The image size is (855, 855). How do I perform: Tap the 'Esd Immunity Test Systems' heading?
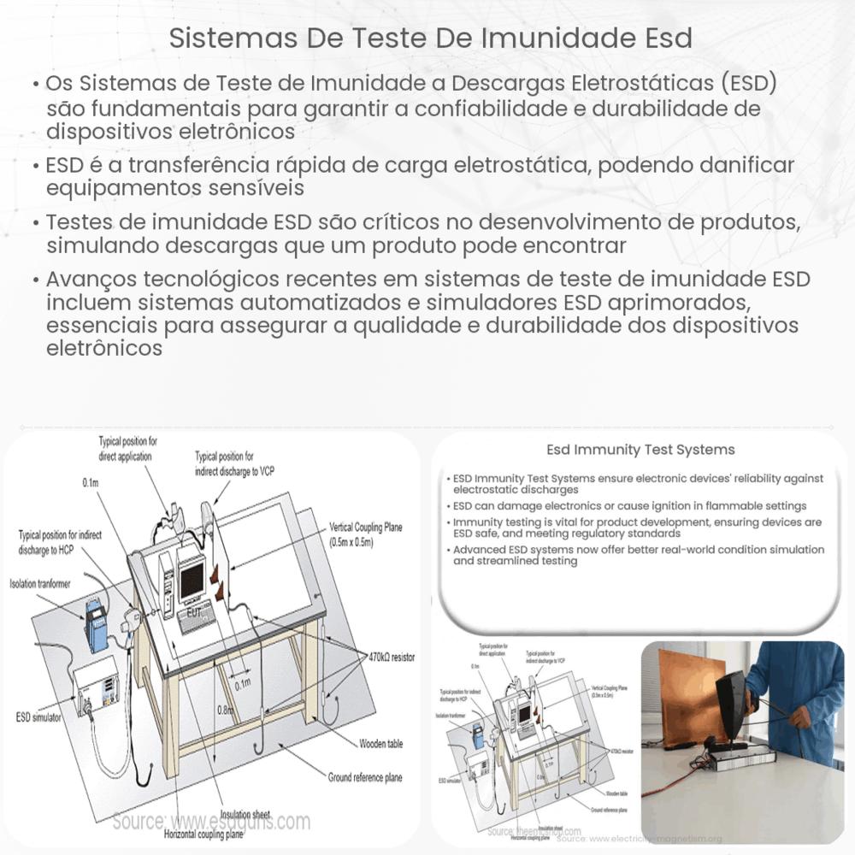click(640, 450)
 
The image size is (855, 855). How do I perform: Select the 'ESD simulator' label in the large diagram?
click(38, 716)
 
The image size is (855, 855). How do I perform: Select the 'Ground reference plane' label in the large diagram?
click(365, 777)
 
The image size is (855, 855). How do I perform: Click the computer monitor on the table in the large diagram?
click(192, 578)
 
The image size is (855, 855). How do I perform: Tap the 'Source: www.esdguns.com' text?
click(211, 822)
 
